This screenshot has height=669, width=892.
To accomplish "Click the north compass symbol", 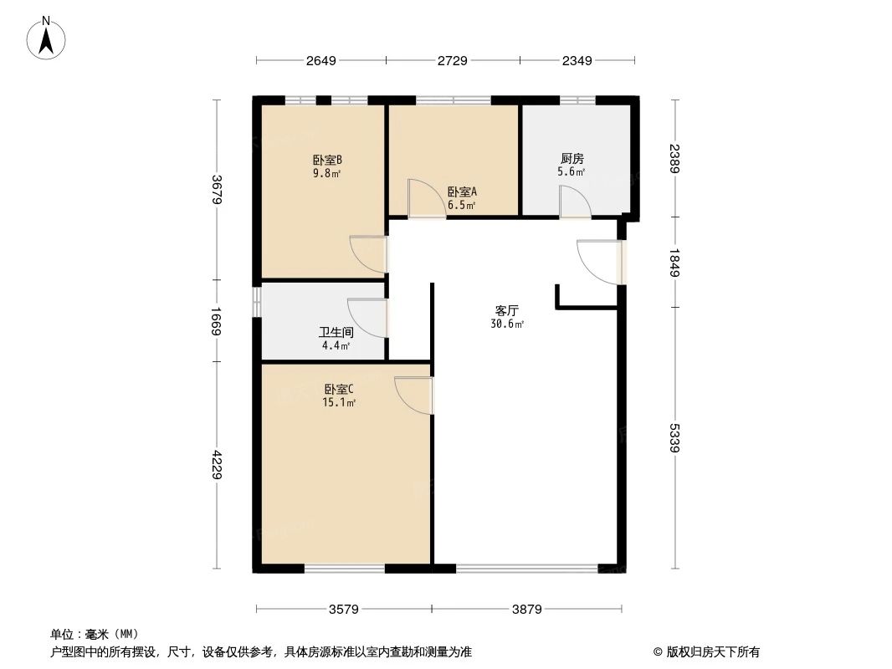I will click(x=48, y=38).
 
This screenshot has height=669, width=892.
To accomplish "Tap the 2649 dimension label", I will click(x=320, y=60).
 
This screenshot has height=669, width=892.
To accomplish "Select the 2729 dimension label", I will click(x=453, y=60).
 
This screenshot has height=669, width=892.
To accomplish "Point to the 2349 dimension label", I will click(x=577, y=60).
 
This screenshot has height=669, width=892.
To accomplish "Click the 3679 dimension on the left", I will click(x=217, y=189).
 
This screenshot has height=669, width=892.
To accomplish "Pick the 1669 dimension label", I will click(x=217, y=321).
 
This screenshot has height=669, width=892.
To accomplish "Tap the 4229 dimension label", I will click(x=217, y=465).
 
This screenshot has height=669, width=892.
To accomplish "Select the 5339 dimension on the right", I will click(x=674, y=438).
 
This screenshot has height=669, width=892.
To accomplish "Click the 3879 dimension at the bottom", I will click(x=527, y=610).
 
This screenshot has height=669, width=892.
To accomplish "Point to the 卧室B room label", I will click(x=327, y=160).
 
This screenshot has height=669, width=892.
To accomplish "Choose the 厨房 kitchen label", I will click(x=572, y=158).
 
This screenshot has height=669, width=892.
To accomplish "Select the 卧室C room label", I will click(x=339, y=389).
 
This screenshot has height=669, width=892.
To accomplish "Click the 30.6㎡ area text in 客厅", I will click(x=507, y=324).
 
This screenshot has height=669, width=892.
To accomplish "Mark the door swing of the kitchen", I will click(x=574, y=203).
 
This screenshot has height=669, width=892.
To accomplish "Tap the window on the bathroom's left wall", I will click(x=258, y=303).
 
